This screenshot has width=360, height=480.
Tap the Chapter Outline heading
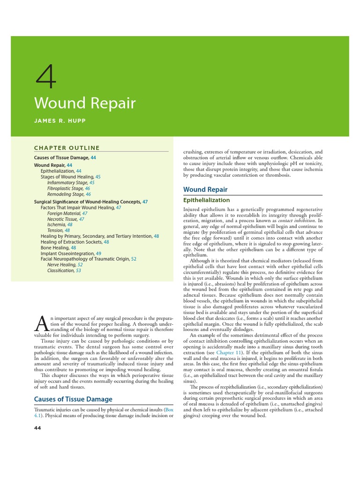tap(67, 148)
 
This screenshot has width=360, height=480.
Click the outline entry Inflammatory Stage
tap(67, 183)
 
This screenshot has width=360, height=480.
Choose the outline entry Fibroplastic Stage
tap(66, 188)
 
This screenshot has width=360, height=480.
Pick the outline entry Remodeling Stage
tap(66, 194)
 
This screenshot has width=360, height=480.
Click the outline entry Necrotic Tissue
tap(63, 219)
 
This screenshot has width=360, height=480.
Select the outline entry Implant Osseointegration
tap(67, 253)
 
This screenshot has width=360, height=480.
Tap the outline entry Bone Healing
tap(55, 247)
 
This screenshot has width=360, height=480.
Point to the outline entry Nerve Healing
tap(62, 265)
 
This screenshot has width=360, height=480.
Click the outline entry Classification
tap(61, 270)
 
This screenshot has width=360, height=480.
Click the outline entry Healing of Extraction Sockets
tap(72, 242)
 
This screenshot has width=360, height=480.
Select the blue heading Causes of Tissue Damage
tap(73, 399)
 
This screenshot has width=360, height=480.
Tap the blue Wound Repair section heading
tap(205, 189)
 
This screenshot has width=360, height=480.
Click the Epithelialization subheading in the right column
tap(206, 200)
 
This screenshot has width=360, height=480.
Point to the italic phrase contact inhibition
tap(296, 220)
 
